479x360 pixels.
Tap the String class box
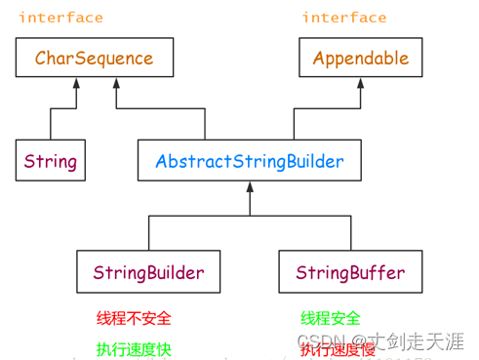50,160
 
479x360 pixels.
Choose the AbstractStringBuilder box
249,160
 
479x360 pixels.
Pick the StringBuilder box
148,270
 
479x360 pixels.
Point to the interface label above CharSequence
60,18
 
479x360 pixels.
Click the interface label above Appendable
343,18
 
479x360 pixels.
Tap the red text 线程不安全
133,319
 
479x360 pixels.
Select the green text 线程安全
330,319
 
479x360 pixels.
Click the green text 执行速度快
133,348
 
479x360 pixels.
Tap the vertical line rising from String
50,124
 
